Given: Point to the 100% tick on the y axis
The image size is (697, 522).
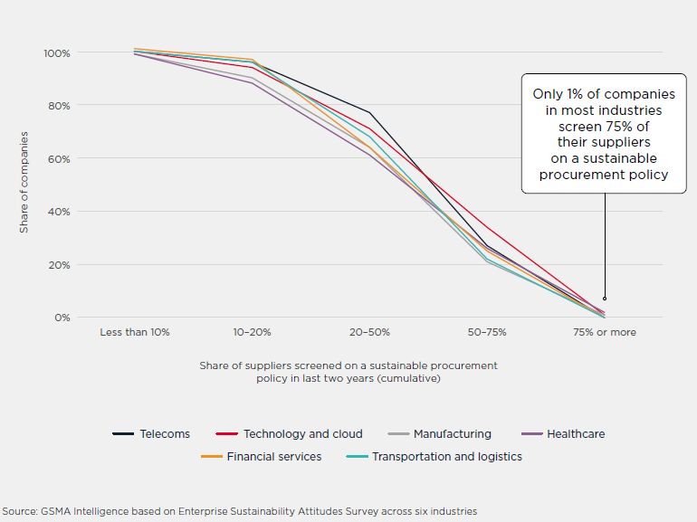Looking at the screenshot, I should click(x=56, y=53).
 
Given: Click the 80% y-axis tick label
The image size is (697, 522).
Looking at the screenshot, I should click(x=59, y=106).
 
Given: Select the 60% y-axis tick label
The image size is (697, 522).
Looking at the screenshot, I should click(x=59, y=159).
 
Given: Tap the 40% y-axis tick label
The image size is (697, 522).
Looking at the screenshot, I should click(x=59, y=212).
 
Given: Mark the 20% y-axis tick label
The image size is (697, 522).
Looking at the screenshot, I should click(x=59, y=265).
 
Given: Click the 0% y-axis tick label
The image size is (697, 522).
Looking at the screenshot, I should click(x=62, y=318).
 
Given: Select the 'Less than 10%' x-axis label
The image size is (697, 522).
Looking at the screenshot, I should click(x=134, y=332).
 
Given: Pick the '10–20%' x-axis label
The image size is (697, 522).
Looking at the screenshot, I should click(x=253, y=332).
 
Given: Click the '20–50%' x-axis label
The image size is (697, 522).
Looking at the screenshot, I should click(x=369, y=332).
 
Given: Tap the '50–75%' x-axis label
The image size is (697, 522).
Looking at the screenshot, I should click(x=487, y=332).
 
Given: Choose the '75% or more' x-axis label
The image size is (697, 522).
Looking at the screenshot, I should click(x=604, y=332).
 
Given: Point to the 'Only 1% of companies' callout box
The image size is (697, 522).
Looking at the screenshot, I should click(x=603, y=134).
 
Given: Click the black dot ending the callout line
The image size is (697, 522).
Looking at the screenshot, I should click(x=604, y=299).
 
